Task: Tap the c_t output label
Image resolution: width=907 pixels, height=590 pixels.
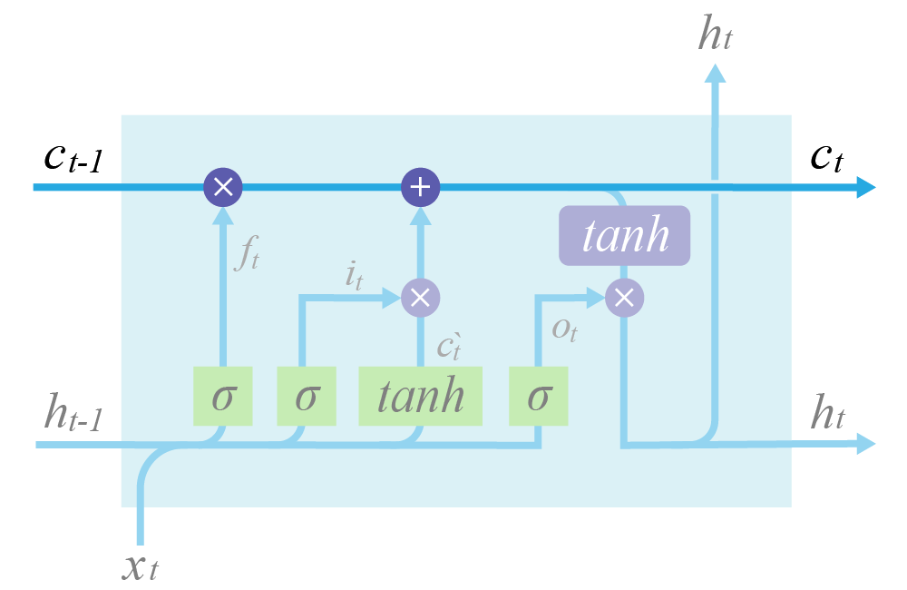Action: click(826, 160)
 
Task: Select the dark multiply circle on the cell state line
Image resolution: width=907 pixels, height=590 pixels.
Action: click(222, 188)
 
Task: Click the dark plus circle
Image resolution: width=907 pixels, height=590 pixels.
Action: click(420, 188)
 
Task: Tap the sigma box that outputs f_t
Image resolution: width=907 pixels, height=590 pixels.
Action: click(222, 397)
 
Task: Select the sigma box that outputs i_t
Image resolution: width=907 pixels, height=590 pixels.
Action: click(306, 397)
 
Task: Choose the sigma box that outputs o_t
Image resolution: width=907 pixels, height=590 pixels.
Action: click(539, 397)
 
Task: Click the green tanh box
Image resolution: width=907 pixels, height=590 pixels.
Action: click(420, 397)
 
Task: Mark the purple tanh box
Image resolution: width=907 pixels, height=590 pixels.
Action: click(625, 235)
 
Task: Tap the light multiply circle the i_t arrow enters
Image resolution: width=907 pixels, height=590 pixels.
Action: click(420, 296)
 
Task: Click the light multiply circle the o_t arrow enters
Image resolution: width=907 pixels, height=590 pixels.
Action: click(624, 296)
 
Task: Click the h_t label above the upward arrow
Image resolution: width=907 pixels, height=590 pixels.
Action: click(715, 34)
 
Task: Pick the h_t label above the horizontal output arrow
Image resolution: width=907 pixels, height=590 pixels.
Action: click(828, 416)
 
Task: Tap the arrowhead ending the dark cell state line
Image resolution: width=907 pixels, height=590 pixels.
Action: click(865, 188)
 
